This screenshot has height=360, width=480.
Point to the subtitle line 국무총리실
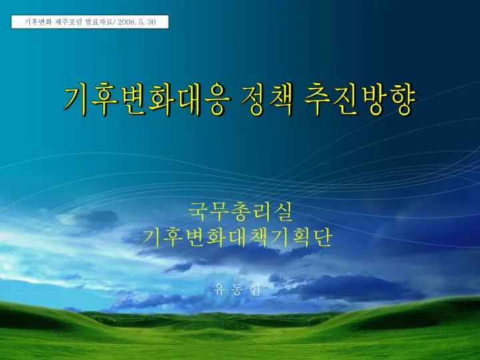tap(240, 211)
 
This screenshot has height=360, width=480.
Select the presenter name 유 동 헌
tap(238, 289)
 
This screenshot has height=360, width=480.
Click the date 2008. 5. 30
tap(137, 22)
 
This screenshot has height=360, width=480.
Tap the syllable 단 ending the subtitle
tap(323, 237)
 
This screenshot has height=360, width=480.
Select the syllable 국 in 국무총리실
tap(198, 211)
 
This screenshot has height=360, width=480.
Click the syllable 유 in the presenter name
tap(219, 289)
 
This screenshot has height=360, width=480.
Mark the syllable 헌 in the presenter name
tap(256, 289)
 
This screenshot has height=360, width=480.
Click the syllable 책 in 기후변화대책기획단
tap(259, 237)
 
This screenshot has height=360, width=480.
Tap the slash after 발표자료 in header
tap(115, 22)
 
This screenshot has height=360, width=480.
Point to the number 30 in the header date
tap(151, 22)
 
